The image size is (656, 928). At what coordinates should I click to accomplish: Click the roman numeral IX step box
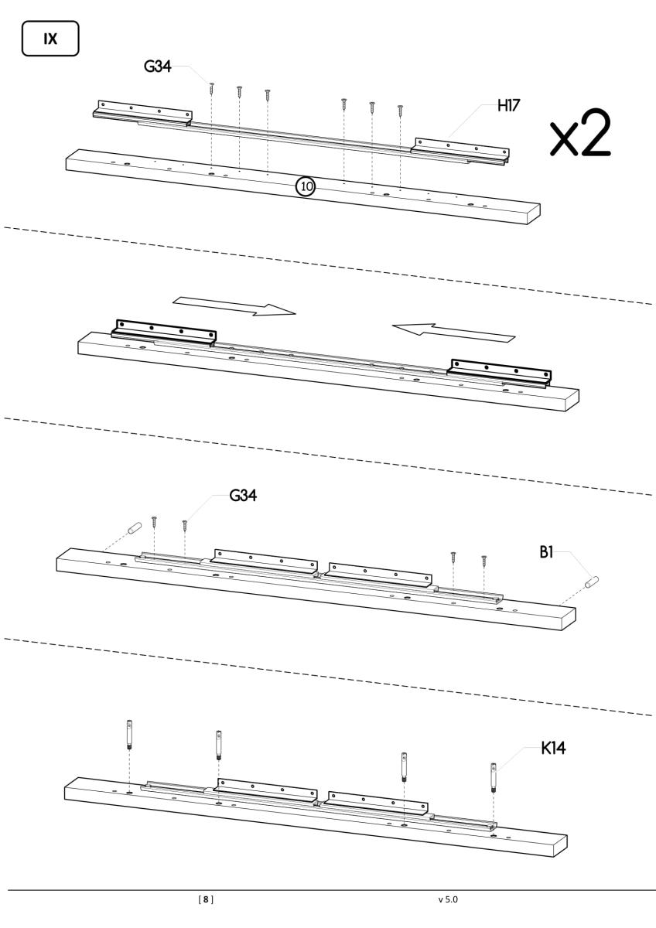50,38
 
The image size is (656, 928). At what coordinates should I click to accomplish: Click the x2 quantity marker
579,134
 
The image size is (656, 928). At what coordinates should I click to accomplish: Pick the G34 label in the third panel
243,496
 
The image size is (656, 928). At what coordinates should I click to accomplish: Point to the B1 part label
552,554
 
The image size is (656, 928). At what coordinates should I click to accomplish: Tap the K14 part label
556,749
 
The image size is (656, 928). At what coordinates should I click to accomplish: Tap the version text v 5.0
448,899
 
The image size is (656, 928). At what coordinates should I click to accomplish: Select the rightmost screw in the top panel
400,111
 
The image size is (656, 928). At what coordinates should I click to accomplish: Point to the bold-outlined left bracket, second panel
164,330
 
